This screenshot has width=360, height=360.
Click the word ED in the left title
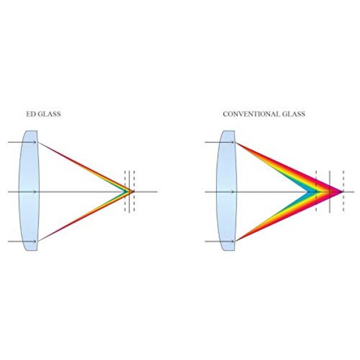30,114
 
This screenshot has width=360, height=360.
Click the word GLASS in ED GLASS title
49,114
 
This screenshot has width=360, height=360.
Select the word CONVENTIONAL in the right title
251,114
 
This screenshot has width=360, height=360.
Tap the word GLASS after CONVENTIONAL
293,114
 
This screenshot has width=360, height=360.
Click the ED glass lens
29,191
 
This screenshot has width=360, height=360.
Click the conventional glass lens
226,191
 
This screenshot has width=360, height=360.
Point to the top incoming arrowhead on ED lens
35,142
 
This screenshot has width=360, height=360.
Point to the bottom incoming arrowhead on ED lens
35,241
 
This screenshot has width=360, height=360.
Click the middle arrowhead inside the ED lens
35,192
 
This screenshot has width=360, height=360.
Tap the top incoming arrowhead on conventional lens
232,142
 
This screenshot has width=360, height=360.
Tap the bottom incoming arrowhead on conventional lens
232,241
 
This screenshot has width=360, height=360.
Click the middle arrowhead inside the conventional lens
232,192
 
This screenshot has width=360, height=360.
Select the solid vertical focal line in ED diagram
129,192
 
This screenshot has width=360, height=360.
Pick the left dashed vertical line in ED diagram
125,191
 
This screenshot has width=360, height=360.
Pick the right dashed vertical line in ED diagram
134,191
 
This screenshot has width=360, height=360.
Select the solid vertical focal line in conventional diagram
329,192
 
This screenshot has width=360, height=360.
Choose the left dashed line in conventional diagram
316,191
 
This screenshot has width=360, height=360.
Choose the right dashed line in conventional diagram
343,191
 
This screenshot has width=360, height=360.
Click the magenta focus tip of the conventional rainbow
342,192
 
